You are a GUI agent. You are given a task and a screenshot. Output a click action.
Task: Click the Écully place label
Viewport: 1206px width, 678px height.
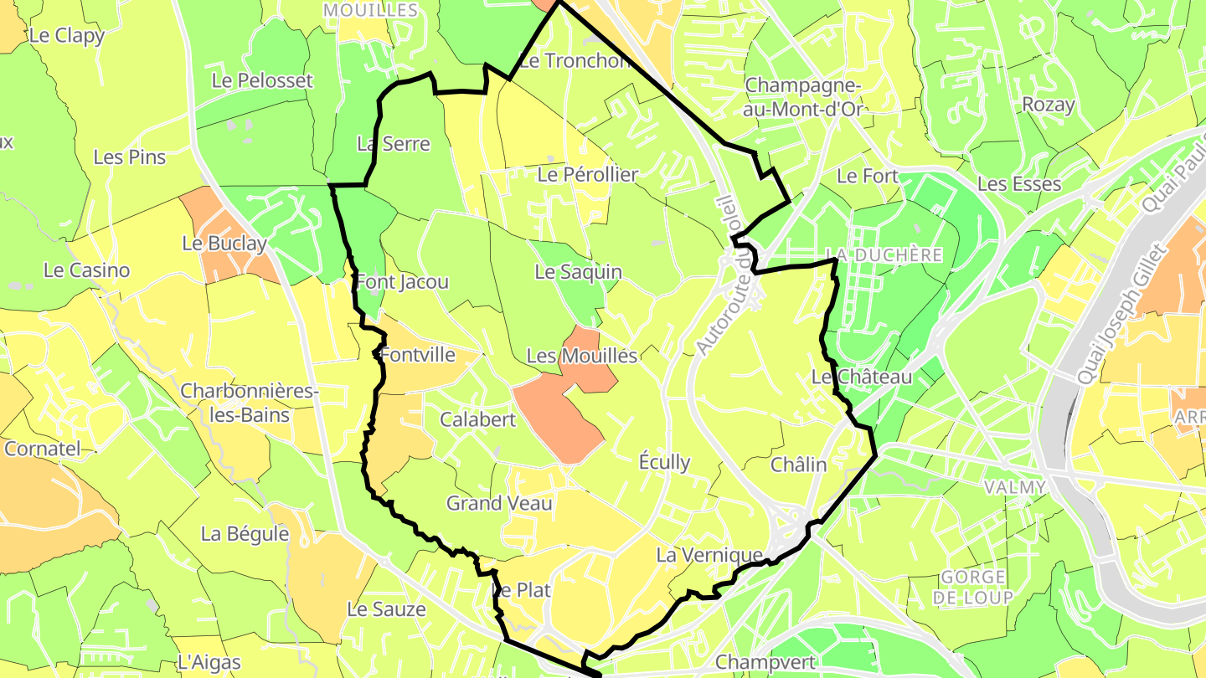coord(664,461)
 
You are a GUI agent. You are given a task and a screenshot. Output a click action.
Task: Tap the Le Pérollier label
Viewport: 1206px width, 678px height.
coord(587,175)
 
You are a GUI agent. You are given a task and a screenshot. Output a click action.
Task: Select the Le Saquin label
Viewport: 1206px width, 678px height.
coord(578,272)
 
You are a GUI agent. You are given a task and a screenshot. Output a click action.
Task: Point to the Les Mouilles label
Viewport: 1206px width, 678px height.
coord(581,356)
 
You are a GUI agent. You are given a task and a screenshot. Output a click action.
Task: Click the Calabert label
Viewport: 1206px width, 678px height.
coord(478,419)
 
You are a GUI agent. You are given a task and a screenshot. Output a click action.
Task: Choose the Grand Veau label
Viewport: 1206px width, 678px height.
coord(499,503)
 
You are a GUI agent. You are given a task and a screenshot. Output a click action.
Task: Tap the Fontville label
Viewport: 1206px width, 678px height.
coord(418,355)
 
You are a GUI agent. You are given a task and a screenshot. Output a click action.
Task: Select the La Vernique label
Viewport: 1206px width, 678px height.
coord(709,555)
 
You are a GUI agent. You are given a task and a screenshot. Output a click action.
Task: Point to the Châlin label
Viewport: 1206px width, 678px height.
coord(797,465)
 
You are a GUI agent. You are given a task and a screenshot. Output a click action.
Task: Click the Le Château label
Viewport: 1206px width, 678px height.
coord(861,378)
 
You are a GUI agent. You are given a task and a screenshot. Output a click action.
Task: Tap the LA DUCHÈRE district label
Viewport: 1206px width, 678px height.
coord(884,254)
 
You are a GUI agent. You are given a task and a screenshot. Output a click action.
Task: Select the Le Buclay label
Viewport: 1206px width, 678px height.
coord(224,244)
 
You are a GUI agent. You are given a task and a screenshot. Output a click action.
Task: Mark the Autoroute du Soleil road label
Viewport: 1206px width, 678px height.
coord(724,276)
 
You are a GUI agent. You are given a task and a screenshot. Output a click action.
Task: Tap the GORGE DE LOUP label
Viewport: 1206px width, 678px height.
coord(972,586)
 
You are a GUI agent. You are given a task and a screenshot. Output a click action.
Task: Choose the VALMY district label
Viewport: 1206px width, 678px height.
coord(1015,487)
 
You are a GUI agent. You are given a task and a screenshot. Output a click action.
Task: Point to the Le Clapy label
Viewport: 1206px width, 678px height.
coord(66,36)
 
